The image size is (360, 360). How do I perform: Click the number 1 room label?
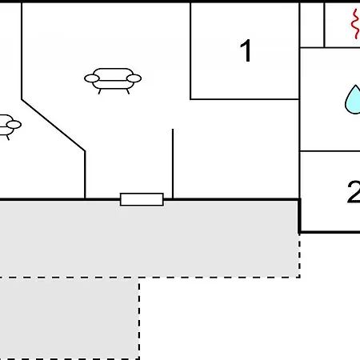coord(246,50)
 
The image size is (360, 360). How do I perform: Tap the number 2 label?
coord(354,192)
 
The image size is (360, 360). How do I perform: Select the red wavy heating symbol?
coord(355,24)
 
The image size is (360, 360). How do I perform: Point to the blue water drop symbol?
coord(353,100)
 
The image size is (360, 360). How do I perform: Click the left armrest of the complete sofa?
coord(92,78)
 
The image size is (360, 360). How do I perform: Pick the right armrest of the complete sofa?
coord(134,78)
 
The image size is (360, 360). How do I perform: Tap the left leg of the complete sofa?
coord(100,91)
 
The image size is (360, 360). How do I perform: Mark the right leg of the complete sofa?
coord(128,91)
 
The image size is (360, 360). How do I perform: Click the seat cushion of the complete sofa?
coord(113,85)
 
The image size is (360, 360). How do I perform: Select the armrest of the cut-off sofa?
coord(14,125)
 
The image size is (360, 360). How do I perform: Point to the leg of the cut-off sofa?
coord(8,138)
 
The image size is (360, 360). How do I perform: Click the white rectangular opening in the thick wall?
coord(142,199)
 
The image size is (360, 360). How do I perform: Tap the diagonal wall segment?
coord(54,126)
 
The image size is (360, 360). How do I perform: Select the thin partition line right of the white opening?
coord(173,164)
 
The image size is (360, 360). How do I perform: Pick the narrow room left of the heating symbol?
coord(312,25)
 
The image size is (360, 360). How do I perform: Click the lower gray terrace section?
coord(69,318)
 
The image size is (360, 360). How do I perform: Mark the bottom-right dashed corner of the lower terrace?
coord(139,359)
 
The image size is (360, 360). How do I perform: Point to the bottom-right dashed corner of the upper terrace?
coord(300,278)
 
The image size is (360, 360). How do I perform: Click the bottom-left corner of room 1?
coord(190,99)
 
